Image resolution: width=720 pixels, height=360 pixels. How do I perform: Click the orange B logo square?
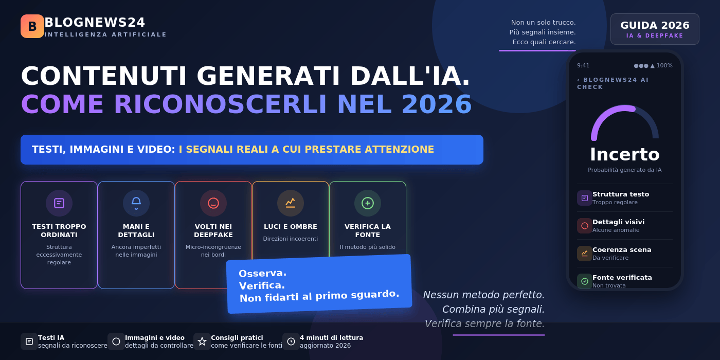(x=32, y=26)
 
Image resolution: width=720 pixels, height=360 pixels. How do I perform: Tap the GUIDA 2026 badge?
(x=655, y=29)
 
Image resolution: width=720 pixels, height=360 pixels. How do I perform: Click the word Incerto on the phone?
(x=625, y=154)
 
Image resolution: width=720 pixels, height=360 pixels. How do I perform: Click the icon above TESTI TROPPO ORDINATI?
(x=59, y=203)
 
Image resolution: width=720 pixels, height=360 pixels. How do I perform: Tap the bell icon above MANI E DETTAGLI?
(x=136, y=203)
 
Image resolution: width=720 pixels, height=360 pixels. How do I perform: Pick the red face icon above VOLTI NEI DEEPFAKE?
(x=213, y=203)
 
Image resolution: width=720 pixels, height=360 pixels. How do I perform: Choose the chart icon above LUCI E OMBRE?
(x=291, y=203)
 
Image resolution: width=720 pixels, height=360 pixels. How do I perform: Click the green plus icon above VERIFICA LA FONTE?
(x=368, y=203)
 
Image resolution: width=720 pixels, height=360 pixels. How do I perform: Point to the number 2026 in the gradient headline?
(x=437, y=104)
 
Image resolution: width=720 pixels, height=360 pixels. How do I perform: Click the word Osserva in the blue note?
(x=263, y=273)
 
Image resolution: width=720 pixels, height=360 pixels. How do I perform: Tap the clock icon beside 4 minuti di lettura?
(x=291, y=341)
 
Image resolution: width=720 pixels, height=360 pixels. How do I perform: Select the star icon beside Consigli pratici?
(x=202, y=341)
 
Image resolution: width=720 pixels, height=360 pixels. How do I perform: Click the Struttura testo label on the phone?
(x=621, y=194)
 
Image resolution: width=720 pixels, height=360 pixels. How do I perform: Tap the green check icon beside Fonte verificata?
(x=585, y=281)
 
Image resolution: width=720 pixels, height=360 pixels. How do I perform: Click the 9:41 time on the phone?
(x=583, y=66)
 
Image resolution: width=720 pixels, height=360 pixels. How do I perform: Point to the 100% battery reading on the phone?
(x=664, y=66)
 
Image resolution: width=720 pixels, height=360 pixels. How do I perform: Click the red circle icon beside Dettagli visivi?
(x=585, y=226)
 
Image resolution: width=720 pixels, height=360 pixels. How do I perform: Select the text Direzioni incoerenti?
(x=291, y=239)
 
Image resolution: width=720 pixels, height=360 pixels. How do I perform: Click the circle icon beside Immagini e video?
(x=116, y=341)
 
